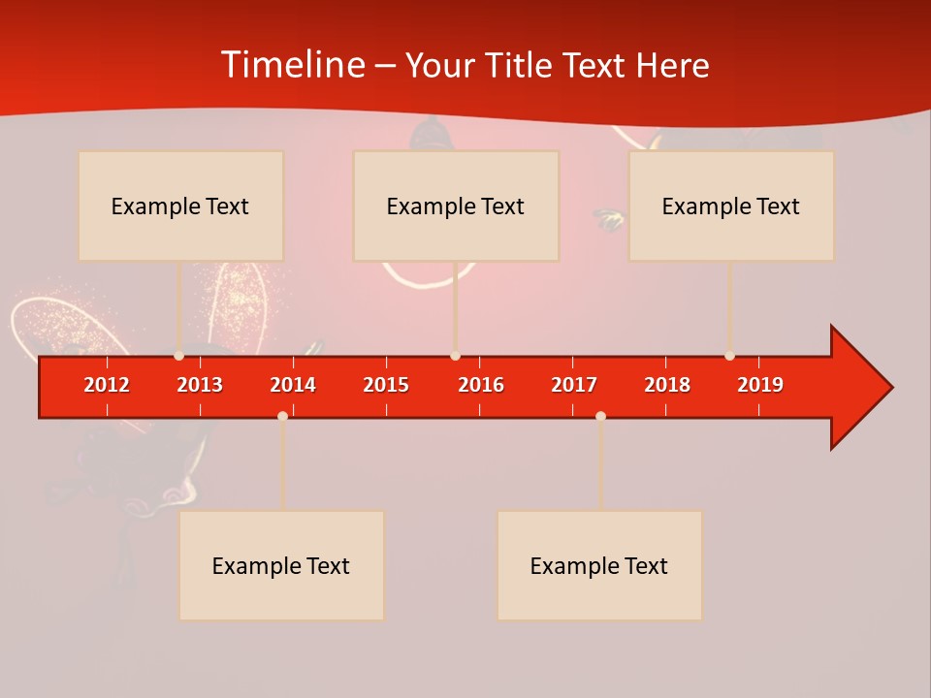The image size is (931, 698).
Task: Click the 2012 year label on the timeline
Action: [x=107, y=385]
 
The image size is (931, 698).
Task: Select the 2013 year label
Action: [x=200, y=385]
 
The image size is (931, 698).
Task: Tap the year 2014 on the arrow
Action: [x=293, y=385]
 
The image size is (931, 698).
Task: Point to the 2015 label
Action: [x=386, y=385]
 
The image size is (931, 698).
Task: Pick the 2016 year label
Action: [x=481, y=385]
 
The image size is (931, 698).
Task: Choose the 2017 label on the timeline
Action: [x=574, y=385]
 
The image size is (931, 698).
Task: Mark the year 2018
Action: [x=667, y=385]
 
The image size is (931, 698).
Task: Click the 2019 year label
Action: [x=760, y=385]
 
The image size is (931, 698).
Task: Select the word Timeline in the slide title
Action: [x=293, y=65]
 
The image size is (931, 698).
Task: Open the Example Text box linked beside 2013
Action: [x=180, y=206]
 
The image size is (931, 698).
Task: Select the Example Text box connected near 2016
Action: [x=456, y=206]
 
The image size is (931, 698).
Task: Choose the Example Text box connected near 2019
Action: [x=731, y=206]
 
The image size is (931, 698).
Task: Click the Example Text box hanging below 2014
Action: [x=281, y=565]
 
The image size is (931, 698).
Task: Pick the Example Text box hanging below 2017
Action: [x=599, y=565]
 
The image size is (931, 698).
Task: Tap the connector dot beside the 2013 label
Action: [x=178, y=356]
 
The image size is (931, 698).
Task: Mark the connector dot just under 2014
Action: [x=282, y=416]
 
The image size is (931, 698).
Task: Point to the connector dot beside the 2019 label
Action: [x=729, y=356]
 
